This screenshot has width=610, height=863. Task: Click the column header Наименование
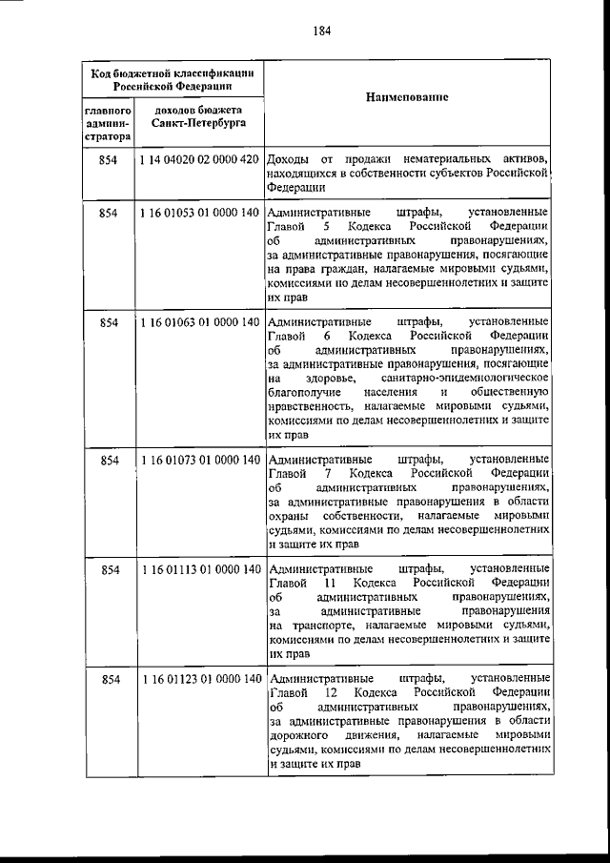[x=407, y=98]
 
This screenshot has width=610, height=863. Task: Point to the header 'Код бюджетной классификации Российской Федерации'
[x=171, y=77]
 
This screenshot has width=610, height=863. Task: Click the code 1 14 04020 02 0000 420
[x=199, y=158]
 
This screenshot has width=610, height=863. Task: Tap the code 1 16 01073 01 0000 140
[x=199, y=460]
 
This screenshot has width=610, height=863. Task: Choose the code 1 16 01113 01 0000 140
[x=199, y=569]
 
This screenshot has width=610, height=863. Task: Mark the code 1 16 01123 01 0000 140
[x=199, y=679]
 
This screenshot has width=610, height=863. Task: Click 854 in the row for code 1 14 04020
[x=108, y=158]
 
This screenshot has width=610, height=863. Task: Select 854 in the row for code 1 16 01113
[x=108, y=569]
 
